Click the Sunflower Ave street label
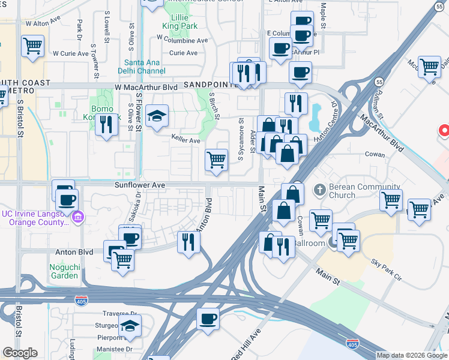pos(140,186)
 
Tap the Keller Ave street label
pos(185,140)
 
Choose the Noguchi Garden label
pos(64,271)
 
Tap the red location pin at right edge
pos(445,131)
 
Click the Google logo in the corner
pos(20,353)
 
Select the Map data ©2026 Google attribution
pos(412,355)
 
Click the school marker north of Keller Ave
pos(157,116)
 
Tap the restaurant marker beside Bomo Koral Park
pos(106,124)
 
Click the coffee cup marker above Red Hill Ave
pos(208,319)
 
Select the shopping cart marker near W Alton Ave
pos(32,46)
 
